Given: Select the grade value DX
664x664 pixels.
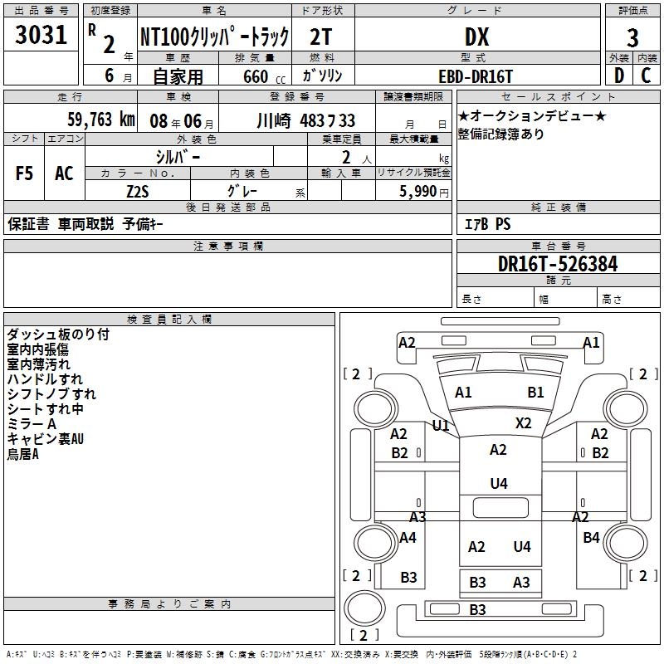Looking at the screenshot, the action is [476, 37].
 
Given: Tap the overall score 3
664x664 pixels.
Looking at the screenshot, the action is [632, 37].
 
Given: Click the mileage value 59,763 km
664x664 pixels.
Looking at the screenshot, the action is [90, 120].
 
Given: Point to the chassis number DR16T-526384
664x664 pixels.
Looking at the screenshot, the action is [558, 265].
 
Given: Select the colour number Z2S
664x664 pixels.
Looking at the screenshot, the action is [138, 191].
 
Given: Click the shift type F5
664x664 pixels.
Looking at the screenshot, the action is [25, 173].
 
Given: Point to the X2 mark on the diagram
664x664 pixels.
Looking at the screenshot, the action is [523, 422].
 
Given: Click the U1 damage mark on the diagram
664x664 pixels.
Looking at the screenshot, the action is [441, 426].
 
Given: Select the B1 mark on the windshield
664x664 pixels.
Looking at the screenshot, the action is [535, 393].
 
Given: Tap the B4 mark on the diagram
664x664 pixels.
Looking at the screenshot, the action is [591, 538].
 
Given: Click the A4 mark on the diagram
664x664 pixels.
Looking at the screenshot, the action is [408, 538].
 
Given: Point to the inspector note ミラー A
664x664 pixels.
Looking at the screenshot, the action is [32, 424].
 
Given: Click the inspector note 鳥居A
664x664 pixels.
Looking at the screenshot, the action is [23, 454].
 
